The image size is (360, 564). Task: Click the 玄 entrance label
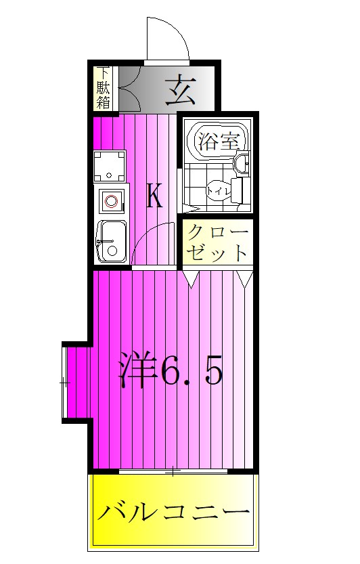point(180,90)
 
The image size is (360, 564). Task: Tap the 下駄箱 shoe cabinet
point(104,88)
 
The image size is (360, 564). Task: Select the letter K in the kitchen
point(154,196)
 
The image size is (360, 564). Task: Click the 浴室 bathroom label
point(217,142)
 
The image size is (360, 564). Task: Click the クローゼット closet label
point(217,242)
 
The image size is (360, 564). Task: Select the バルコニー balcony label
point(173,512)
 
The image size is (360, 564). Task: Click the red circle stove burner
point(111,201)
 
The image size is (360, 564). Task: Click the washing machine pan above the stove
point(110,165)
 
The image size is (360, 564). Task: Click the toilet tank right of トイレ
point(237,190)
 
